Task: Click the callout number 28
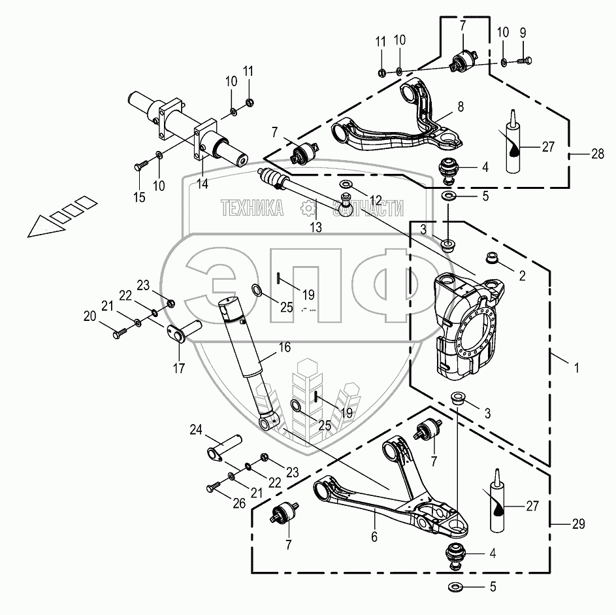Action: (x=597, y=155)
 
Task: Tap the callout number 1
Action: (x=575, y=369)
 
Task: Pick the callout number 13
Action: (x=316, y=227)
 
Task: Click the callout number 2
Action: (x=522, y=276)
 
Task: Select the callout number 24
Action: (x=195, y=429)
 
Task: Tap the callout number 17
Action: (x=178, y=369)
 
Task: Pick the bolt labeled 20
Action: (x=120, y=333)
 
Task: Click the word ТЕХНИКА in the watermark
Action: (x=251, y=208)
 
